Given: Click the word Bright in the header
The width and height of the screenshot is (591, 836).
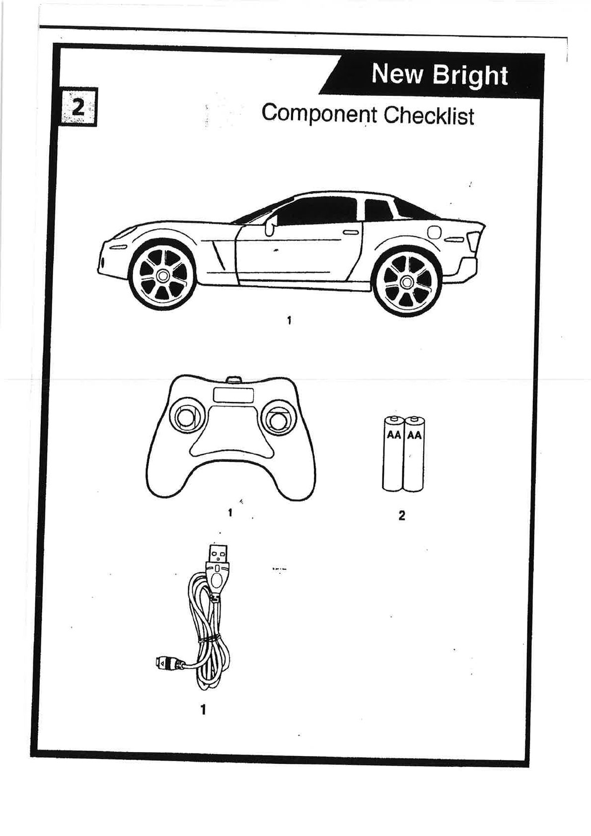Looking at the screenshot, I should (470, 75).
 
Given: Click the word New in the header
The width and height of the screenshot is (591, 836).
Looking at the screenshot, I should (397, 74).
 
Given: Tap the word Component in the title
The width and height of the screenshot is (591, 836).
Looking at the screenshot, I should (319, 114).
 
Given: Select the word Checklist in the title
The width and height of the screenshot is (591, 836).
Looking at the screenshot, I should (429, 115).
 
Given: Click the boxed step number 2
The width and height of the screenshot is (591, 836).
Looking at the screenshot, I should (78, 107).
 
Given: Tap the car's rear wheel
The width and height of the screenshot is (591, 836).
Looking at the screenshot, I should (407, 283).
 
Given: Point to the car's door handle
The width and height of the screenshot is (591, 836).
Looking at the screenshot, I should (351, 232).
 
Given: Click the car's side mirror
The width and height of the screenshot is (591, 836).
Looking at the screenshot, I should (270, 227).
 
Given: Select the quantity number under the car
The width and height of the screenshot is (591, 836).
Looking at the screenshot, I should (289, 320).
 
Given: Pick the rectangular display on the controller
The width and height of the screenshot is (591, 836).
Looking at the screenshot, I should (233, 395).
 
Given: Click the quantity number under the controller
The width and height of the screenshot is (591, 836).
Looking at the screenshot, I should (230, 513).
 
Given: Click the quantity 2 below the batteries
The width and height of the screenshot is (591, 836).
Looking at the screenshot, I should (402, 516).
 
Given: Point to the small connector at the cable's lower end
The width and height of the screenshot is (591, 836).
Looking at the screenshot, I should (164, 663).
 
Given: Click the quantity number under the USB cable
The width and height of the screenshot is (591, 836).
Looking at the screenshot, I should (203, 710).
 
